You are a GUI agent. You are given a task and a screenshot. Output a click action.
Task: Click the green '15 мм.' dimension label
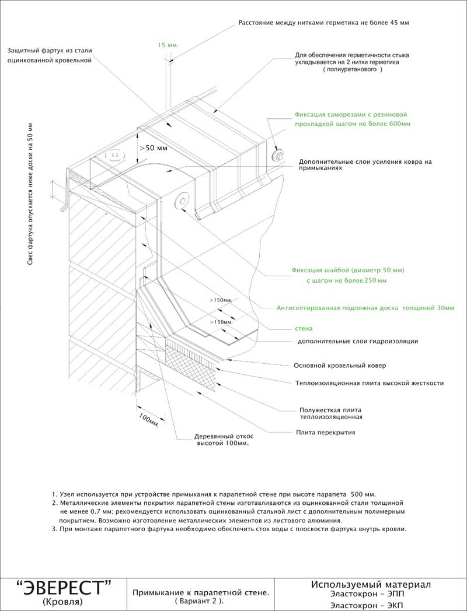pyautogui.click(x=168, y=44)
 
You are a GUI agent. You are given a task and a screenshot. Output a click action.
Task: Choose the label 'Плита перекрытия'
pyautogui.click(x=325, y=433)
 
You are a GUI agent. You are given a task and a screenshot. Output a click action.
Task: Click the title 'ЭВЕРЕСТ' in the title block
pyautogui.click(x=64, y=587)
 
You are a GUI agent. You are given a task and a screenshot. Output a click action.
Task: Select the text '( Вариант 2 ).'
pyautogui.click(x=200, y=601)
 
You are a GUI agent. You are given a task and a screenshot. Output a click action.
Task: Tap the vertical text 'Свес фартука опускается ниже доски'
pyautogui.click(x=30, y=195)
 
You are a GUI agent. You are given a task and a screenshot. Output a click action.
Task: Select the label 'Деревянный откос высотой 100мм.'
pyautogui.click(x=221, y=440)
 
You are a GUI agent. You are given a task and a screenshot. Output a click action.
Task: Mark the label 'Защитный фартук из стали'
pyautogui.click(x=50, y=51)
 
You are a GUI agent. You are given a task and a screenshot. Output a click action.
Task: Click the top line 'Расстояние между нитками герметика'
pyautogui.click(x=323, y=23)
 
